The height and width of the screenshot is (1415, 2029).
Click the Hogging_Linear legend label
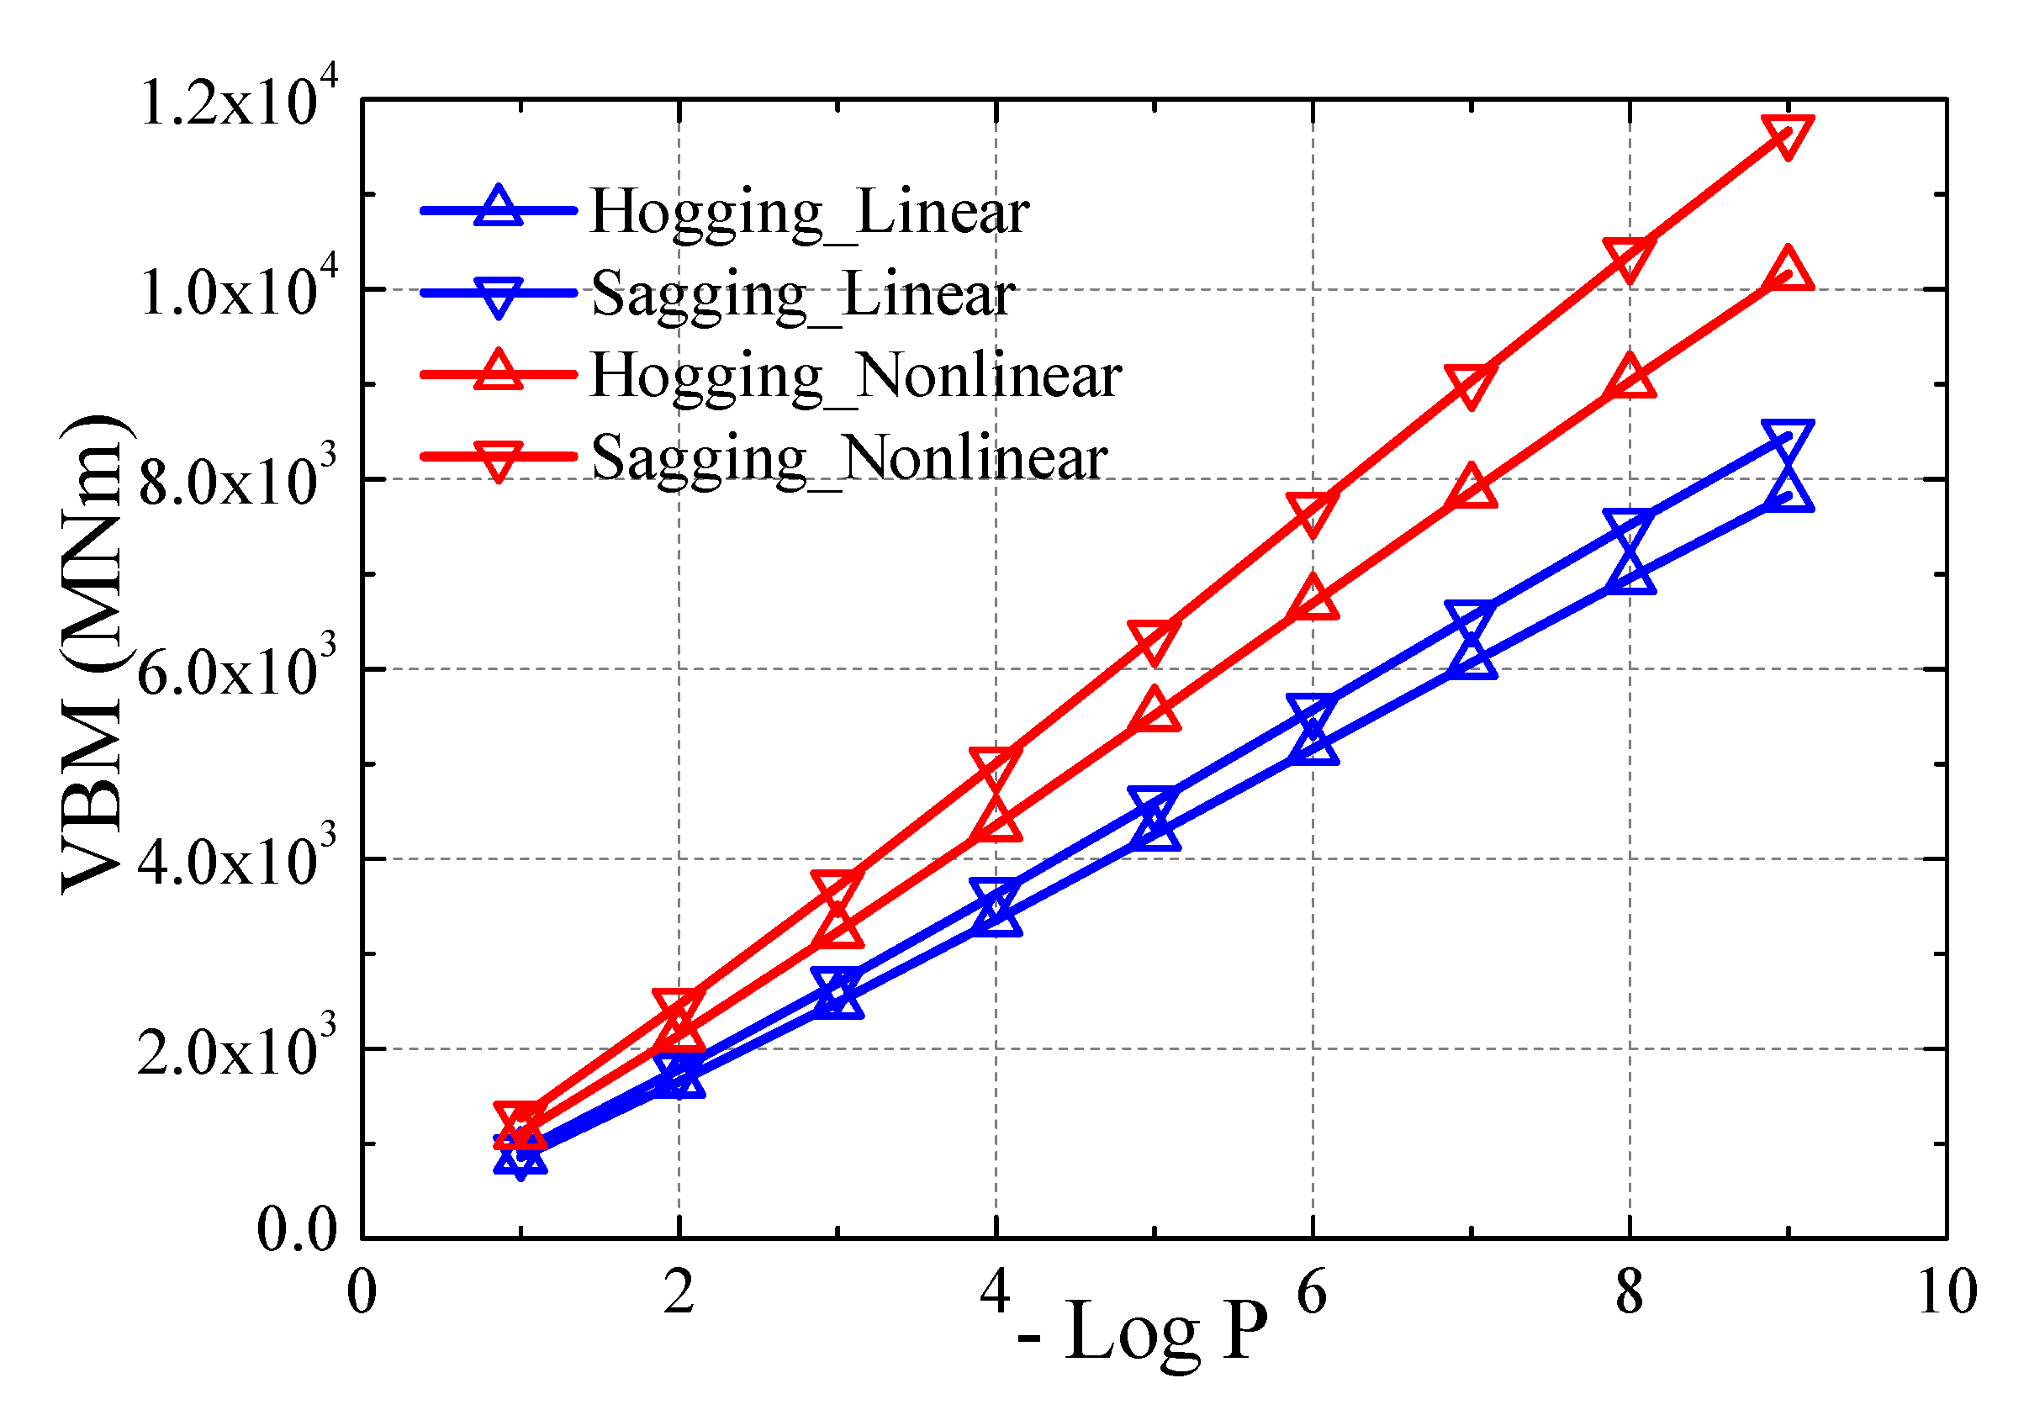click(809, 212)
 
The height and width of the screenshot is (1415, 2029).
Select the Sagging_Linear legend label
click(802, 294)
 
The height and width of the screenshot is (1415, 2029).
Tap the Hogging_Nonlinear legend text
click(855, 376)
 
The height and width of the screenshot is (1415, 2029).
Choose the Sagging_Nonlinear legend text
click(848, 458)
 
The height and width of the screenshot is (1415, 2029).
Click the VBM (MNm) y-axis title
click(92, 654)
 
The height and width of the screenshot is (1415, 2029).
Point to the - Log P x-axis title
click(1143, 1332)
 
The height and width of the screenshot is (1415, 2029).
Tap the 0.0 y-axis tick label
click(297, 1229)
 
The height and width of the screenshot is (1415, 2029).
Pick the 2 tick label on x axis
click(679, 1292)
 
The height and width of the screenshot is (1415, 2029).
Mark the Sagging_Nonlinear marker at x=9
click(1788, 135)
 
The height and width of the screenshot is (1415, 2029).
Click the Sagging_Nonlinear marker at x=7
click(1471, 383)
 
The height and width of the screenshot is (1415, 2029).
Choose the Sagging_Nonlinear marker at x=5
click(1155, 638)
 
